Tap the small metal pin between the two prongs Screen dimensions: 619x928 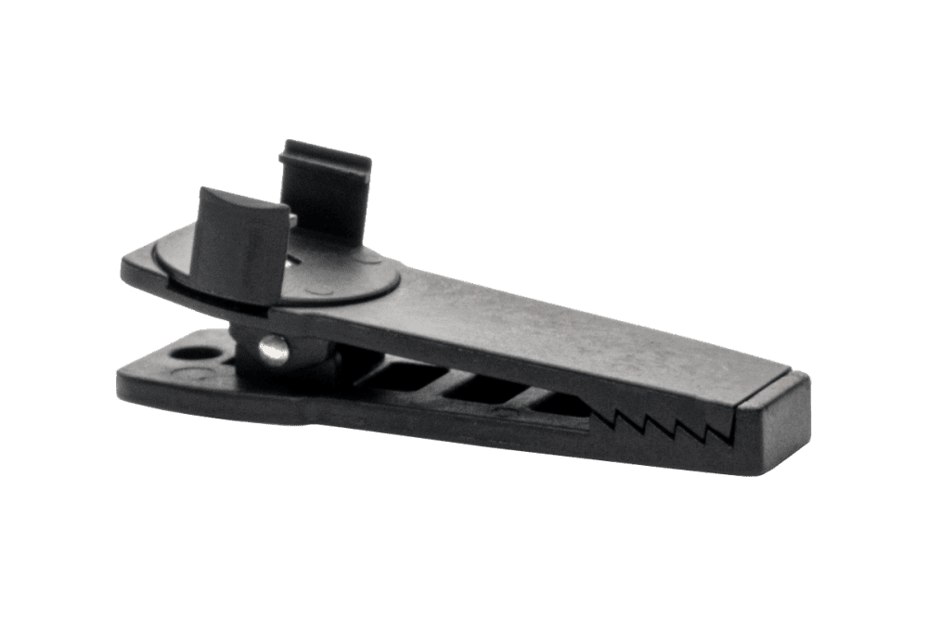(x=293, y=218)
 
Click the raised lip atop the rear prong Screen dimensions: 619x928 (x=325, y=152)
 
